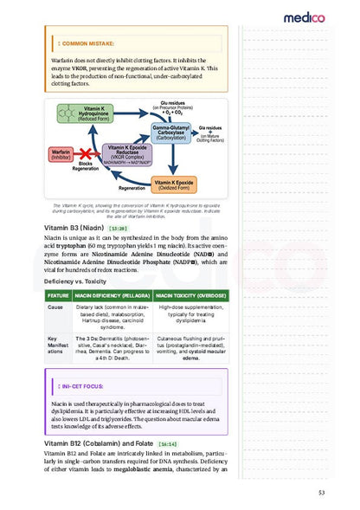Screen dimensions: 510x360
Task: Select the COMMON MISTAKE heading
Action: point(86,42)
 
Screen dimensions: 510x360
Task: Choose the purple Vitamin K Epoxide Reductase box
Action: point(131,155)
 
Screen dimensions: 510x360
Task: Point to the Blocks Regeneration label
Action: point(86,167)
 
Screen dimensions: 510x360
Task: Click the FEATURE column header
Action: point(59,296)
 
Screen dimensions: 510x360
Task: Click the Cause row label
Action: point(55,307)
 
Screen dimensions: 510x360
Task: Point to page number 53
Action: point(322,494)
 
